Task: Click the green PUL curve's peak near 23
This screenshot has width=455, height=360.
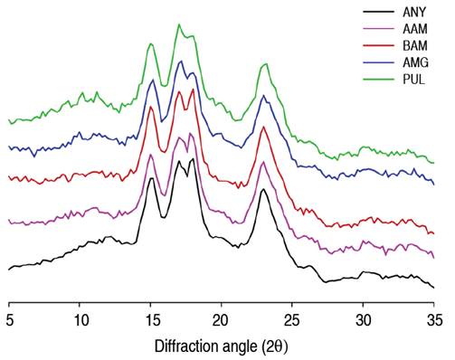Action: point(264,65)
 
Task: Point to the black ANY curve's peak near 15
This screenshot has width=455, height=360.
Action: point(150,177)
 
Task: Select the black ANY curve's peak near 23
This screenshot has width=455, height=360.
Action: point(262,189)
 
